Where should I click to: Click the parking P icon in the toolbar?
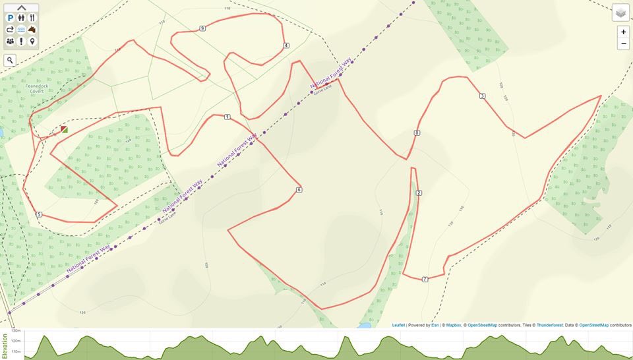pos(11,18)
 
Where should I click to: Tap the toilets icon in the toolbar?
pos(21,18)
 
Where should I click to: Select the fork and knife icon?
pos(32,18)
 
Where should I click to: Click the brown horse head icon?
pos(32,30)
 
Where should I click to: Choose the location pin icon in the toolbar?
pos(32,41)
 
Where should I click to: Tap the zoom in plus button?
pos(623,32)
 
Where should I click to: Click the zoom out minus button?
pos(623,44)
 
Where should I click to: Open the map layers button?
pos(620,13)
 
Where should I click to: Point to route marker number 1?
pos(227,117)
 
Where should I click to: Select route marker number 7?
pos(425,280)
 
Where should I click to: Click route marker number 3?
pos(483,96)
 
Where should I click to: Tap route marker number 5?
pos(39,214)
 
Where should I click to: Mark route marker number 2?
pos(419,193)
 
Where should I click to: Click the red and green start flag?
pos(64,129)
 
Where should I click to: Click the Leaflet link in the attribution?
pos(398,325)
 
